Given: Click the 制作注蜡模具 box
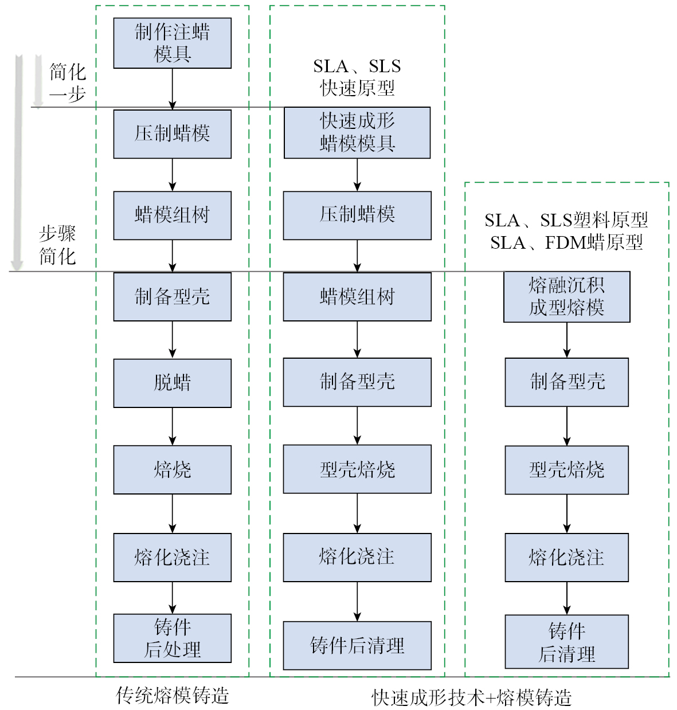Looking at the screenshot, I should click(172, 43).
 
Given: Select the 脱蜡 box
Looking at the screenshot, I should click(172, 383).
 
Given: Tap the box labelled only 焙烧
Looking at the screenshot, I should click(172, 469).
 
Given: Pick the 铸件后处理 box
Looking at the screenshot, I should click(172, 638).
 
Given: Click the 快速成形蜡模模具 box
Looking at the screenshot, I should click(357, 132).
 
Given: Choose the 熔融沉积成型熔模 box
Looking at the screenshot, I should click(566, 296).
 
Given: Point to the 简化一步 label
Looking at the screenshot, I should click(68, 83).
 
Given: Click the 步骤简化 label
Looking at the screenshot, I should click(57, 245).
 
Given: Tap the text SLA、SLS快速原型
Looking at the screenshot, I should click(357, 77).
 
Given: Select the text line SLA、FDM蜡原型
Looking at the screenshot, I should click(566, 243).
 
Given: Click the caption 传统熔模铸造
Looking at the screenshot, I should click(172, 695).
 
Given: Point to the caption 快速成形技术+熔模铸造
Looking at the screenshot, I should click(471, 697).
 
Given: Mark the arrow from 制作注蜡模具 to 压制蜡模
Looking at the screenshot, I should click(172, 89).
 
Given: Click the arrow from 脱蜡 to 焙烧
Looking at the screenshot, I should click(172, 426).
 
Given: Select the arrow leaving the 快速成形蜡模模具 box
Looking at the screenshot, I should click(357, 175).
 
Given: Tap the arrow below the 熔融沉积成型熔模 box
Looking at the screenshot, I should click(566, 340).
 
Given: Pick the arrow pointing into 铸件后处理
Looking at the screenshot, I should click(172, 598).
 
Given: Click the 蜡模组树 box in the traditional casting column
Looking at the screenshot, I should click(172, 215).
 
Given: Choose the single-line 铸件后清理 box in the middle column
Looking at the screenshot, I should click(357, 645).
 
